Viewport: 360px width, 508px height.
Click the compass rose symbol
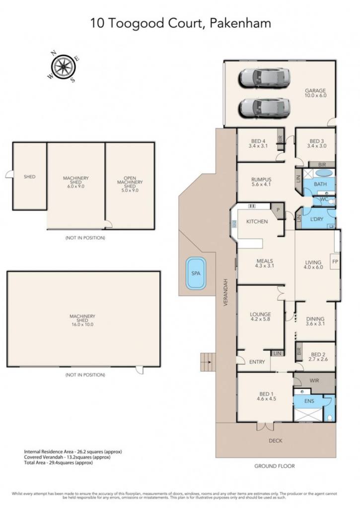click(x=64, y=67)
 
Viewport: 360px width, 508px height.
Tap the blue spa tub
click(x=196, y=273)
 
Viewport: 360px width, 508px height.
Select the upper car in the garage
click(x=264, y=78)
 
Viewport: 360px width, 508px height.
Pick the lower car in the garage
click(x=264, y=108)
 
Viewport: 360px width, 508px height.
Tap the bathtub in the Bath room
click(x=323, y=173)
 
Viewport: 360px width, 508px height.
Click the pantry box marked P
click(x=278, y=210)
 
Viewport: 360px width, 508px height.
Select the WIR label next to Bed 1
click(x=314, y=381)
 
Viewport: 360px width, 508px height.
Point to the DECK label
click(x=276, y=441)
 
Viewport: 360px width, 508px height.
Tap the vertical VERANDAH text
click(x=226, y=293)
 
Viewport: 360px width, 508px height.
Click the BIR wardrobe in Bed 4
click(x=281, y=139)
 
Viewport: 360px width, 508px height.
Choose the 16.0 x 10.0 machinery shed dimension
click(x=82, y=324)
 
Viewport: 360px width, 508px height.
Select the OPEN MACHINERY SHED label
click(x=130, y=182)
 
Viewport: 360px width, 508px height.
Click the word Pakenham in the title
click(x=241, y=23)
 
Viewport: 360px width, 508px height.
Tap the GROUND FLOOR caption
click(x=275, y=466)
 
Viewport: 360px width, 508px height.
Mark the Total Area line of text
click(x=59, y=463)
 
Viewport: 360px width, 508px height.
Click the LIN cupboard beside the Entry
click(x=277, y=353)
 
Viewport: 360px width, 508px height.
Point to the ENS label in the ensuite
click(x=309, y=401)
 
